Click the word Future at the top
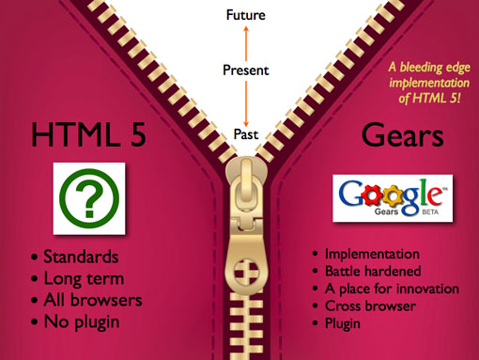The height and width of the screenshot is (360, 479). [246, 15]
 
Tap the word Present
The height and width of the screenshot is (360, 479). [246, 70]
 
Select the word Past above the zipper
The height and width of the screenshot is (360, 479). [246, 134]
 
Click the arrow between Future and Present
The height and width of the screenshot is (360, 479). [246, 43]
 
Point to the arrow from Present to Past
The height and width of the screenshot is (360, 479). [246, 103]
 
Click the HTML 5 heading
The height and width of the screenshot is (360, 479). [88, 135]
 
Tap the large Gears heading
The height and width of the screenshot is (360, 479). [403, 136]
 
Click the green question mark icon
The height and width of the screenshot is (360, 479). [89, 198]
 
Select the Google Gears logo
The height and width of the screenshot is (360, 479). [393, 198]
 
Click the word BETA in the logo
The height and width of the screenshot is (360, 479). [430, 212]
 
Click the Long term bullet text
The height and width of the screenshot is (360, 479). [84, 278]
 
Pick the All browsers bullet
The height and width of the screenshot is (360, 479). [93, 300]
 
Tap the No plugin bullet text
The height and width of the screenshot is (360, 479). [82, 321]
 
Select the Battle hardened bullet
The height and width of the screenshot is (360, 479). [373, 271]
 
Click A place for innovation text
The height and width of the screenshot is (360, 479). [392, 289]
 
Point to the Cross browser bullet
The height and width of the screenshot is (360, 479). [370, 305]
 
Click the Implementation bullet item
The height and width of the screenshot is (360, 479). [372, 254]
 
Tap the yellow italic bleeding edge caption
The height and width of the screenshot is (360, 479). [429, 83]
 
